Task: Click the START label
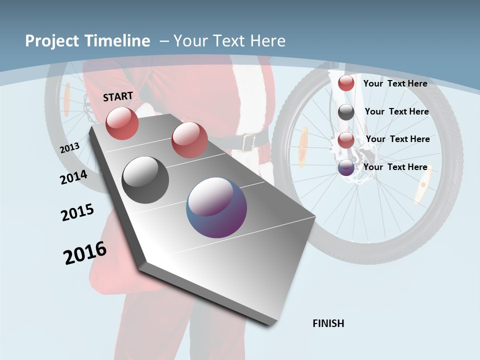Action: tap(118, 96)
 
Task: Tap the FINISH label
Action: tap(328, 323)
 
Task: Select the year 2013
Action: tap(69, 148)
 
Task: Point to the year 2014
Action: tap(73, 177)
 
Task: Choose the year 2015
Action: tap(77, 212)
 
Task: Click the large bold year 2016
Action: tap(85, 253)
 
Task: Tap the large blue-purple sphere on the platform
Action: tap(216, 207)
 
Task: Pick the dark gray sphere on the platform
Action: tap(145, 180)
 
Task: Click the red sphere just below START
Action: tap(122, 123)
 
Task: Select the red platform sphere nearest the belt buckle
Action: tap(189, 139)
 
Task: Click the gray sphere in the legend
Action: tap(346, 112)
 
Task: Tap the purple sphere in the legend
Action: tap(346, 168)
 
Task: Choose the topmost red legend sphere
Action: tap(346, 83)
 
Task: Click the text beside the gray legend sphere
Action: tap(396, 111)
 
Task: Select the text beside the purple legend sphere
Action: tap(395, 167)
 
